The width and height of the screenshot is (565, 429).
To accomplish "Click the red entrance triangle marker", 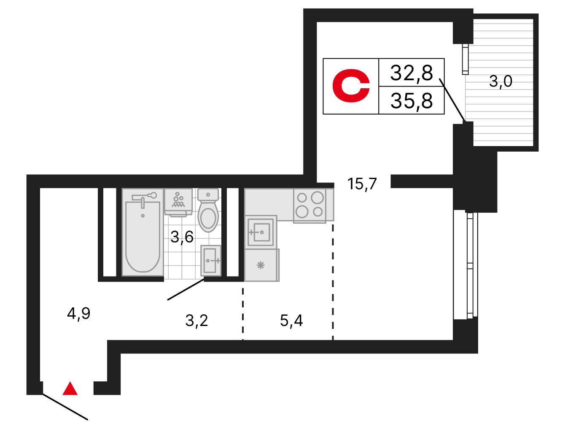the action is tap(70, 388).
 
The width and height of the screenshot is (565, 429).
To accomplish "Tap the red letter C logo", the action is tap(351, 86).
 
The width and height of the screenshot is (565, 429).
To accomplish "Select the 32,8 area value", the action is tap(412, 73).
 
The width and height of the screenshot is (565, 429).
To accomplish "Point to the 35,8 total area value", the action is tap(412, 101).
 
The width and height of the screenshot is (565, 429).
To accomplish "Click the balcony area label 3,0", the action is tap(500, 81).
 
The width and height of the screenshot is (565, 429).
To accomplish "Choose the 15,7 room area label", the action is tap(362, 184).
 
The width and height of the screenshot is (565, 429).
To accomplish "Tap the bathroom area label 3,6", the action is tap(182, 237).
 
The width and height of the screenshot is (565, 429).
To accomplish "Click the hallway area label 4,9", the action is tap(78, 314).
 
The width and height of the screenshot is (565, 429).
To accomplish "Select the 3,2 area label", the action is tap(196, 321).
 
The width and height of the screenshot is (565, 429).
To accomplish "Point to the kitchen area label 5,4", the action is tap(291, 321).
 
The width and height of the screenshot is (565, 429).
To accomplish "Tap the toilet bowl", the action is tap(208, 210).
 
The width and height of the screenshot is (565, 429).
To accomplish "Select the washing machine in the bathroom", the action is tap(178, 202).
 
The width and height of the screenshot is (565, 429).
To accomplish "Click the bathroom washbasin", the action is tap(211, 261).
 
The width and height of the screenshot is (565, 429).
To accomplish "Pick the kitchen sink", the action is tap(261, 232).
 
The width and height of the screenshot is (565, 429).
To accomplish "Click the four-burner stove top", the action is tap(310, 205).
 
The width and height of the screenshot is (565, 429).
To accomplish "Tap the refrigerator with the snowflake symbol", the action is tap(262, 265).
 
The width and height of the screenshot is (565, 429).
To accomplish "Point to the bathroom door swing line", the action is tap(186, 289).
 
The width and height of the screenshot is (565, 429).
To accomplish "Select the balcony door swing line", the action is tap(452, 100).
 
